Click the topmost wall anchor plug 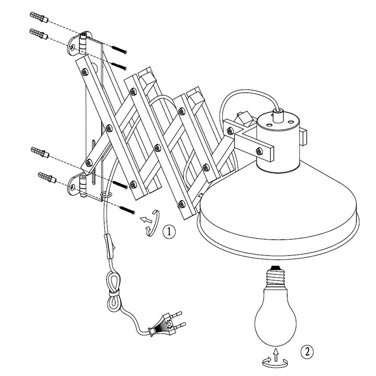click(x=39, y=17)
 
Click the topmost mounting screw click(x=119, y=49)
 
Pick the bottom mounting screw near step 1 click(x=127, y=210)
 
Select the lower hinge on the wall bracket click(x=83, y=186)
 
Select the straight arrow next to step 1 click(x=146, y=219)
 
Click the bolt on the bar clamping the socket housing click(x=259, y=151)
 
